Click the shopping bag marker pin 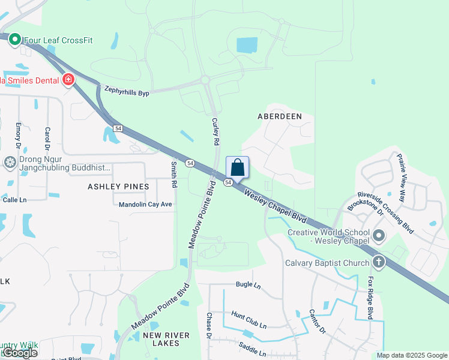[x=237, y=167]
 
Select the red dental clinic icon [x=68, y=80]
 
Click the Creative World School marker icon [x=378, y=236]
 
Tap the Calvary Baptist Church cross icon [x=378, y=262]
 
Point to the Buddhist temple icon [x=10, y=162]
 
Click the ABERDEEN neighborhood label [x=279, y=116]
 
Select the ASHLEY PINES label [x=118, y=187]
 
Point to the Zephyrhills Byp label [x=126, y=89]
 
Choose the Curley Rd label [x=215, y=131]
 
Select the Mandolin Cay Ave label [x=145, y=204]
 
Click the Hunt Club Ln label [x=249, y=319]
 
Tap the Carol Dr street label [x=47, y=139]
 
